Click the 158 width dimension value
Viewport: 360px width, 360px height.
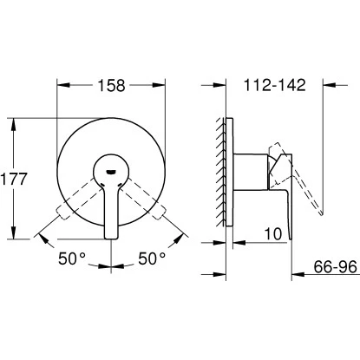pos(111,85)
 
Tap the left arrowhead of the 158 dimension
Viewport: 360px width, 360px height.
pos(61,87)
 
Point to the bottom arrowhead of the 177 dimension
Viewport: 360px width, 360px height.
pos(15,234)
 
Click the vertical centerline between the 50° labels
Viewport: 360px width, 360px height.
pos(111,260)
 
